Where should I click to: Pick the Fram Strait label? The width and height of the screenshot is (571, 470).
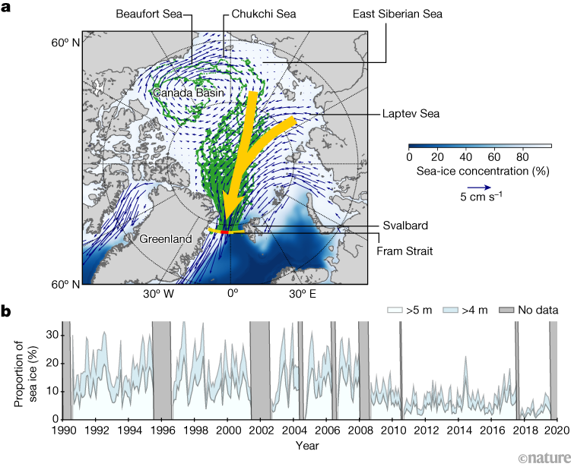404,248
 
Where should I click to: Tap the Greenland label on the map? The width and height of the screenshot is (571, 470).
167,238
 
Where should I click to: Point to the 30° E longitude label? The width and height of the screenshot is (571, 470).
302,293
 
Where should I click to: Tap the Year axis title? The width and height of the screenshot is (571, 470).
308,445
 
